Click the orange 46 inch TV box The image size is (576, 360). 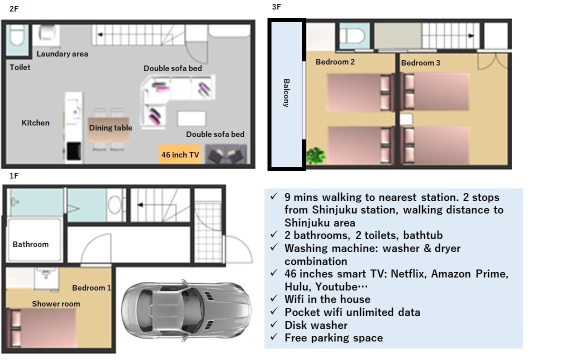click(x=180, y=154)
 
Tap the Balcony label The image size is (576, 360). click(x=286, y=93)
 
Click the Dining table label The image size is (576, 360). click(x=110, y=127)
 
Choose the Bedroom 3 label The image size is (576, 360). click(x=420, y=62)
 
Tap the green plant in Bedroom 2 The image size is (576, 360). click(x=315, y=155)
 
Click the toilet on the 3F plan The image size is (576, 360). click(x=354, y=36)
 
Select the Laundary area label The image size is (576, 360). click(x=62, y=53)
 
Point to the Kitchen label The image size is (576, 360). click(x=35, y=122)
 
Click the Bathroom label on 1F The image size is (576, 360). click(x=30, y=244)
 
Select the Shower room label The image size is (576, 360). click(x=56, y=303)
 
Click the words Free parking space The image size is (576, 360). click(x=333, y=337)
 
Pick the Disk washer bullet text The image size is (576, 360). click(x=316, y=325)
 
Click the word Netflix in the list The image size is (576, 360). click(x=405, y=273)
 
